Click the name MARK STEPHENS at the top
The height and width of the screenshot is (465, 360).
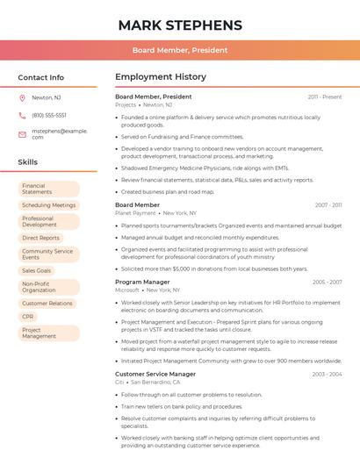179,25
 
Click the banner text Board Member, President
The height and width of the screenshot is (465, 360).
180,51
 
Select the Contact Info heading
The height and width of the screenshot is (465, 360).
41,77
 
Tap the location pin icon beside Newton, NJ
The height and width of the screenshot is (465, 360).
22,97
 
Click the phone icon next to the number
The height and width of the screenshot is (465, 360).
22,115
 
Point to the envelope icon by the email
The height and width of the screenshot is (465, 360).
22,133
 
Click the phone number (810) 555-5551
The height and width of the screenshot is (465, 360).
49,115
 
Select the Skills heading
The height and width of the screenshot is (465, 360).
28,162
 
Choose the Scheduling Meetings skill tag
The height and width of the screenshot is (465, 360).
49,205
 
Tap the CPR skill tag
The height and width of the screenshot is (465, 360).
28,317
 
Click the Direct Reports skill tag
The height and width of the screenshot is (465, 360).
41,238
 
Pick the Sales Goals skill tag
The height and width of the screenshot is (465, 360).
37,270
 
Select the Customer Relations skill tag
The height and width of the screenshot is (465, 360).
47,304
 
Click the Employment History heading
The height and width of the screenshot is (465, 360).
160,77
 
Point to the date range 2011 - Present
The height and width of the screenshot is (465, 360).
325,97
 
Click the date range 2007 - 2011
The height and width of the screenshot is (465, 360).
328,205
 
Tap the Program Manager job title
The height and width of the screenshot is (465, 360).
142,282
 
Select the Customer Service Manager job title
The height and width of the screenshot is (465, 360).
155,374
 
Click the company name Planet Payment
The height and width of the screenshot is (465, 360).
135,213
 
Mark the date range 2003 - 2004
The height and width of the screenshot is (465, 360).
327,374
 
